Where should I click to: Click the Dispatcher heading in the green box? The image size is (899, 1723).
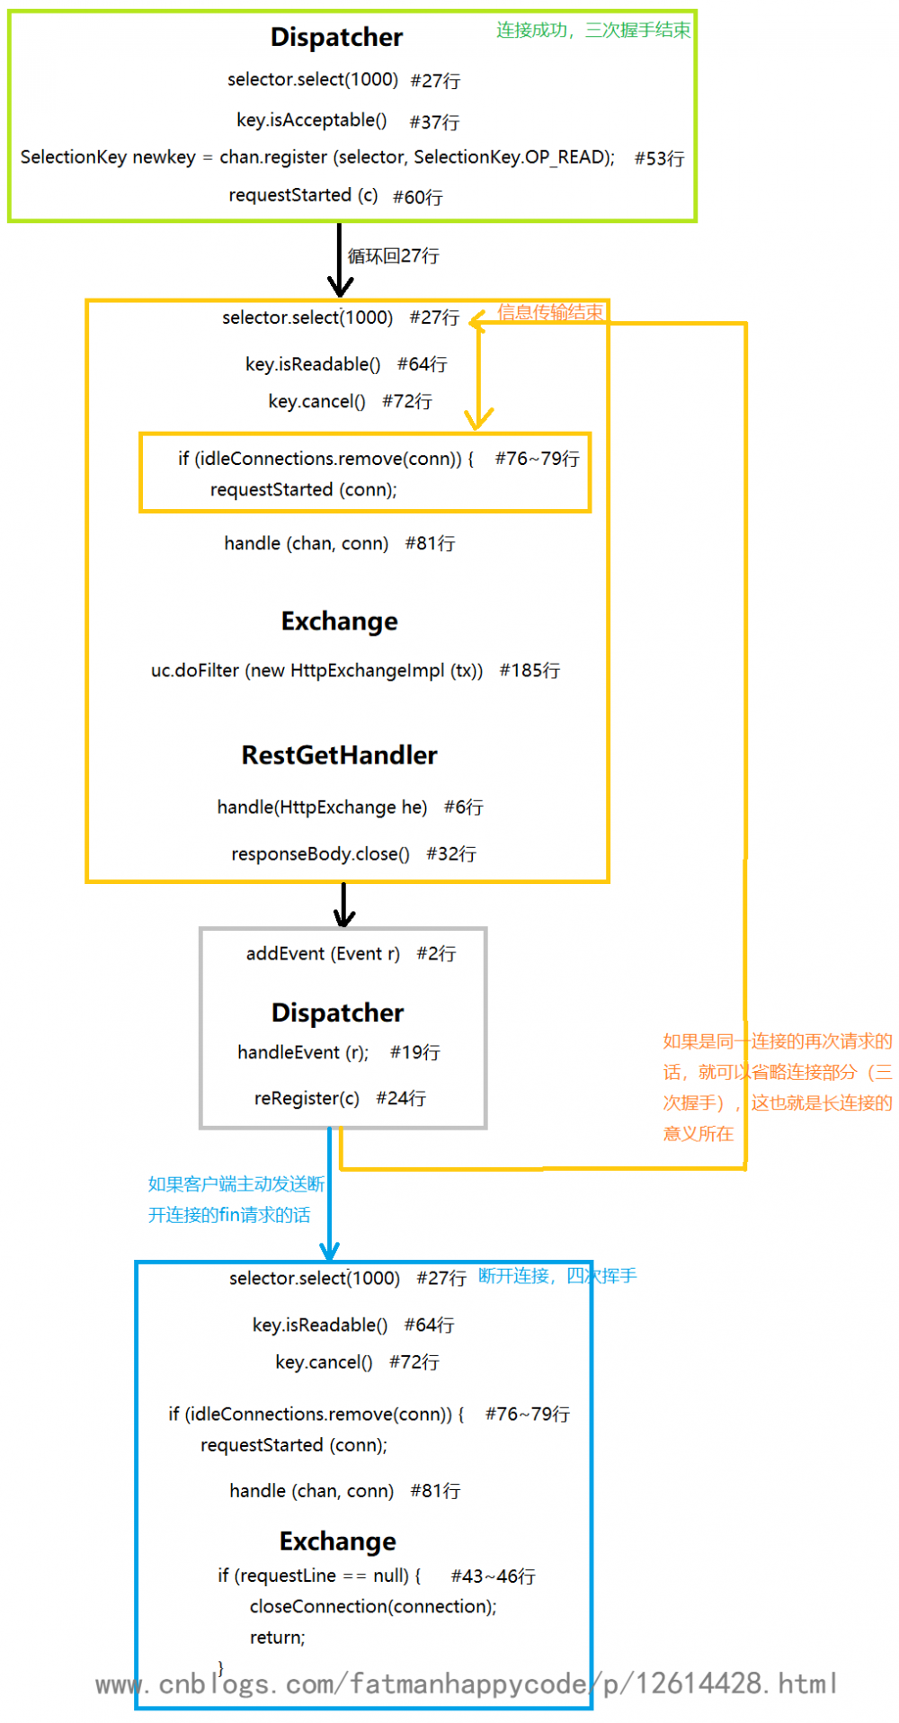click(x=336, y=37)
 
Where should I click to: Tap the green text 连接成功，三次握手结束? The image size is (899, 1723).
click(x=592, y=30)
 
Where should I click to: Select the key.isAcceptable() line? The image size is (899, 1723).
click(x=311, y=121)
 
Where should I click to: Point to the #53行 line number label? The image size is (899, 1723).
click(x=659, y=158)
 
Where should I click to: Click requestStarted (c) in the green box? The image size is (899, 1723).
click(x=303, y=195)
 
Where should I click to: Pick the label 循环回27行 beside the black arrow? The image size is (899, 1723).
click(x=393, y=255)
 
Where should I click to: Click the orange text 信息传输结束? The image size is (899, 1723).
click(x=549, y=312)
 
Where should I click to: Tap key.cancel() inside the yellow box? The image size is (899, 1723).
click(x=316, y=401)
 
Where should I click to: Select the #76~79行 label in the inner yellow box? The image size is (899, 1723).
click(x=537, y=459)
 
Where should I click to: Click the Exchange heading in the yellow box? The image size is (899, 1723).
click(x=339, y=621)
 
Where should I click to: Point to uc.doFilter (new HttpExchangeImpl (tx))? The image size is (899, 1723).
click(x=316, y=671)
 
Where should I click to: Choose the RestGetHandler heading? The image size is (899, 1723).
click(x=339, y=755)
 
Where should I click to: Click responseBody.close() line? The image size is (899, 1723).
click(x=320, y=853)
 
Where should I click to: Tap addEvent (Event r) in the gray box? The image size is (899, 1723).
click(x=323, y=953)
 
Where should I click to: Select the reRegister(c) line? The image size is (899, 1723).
click(x=307, y=1098)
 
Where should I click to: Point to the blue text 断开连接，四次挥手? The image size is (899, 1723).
click(x=556, y=1275)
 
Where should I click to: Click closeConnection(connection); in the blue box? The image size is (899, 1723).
click(x=373, y=1606)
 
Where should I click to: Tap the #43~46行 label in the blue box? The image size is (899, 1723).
click(x=493, y=1576)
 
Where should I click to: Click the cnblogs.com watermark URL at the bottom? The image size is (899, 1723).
click(x=467, y=1683)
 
